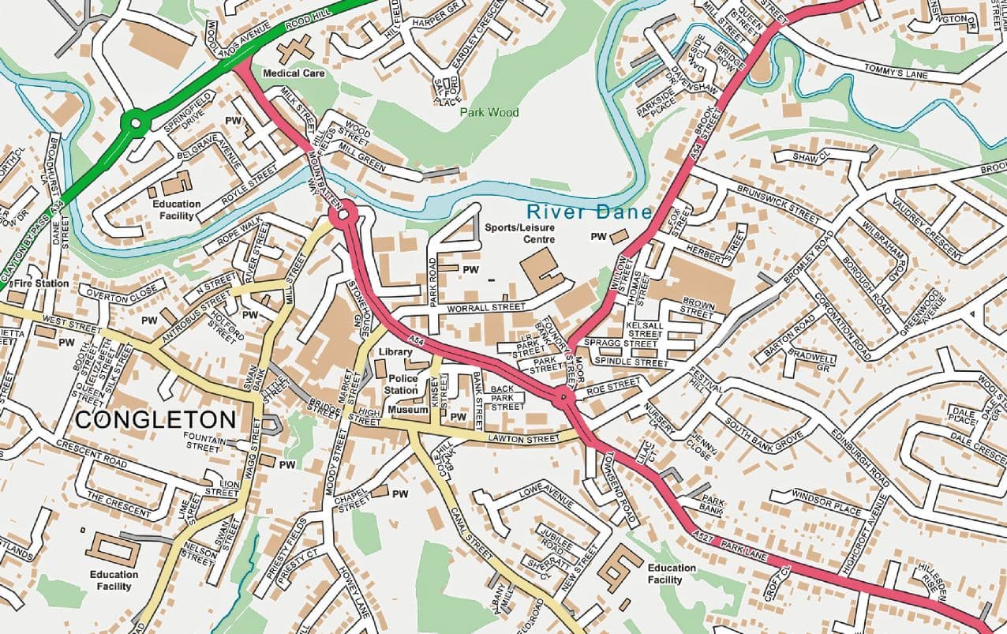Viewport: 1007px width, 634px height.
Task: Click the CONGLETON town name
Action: click(x=155, y=419)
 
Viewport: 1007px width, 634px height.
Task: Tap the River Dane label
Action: click(x=589, y=212)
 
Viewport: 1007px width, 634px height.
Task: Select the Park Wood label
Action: click(x=490, y=112)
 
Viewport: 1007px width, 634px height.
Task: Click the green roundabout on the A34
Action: click(x=136, y=122)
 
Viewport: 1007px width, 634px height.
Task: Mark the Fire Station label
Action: click(x=41, y=283)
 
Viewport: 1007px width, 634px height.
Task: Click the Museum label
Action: click(x=408, y=411)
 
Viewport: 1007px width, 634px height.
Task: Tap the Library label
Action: click(x=395, y=352)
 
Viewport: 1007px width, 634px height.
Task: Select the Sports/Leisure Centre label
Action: click(x=520, y=233)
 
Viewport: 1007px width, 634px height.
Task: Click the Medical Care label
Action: click(x=294, y=73)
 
